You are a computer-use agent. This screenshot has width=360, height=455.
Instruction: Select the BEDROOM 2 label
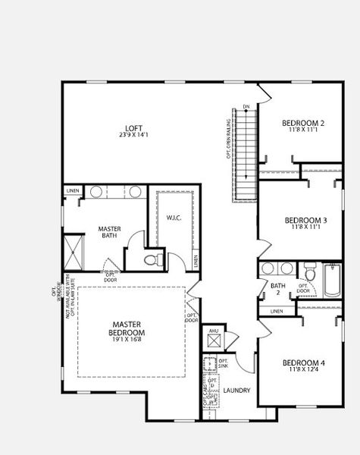click(303, 123)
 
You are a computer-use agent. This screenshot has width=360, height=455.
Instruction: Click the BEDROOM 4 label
click(303, 362)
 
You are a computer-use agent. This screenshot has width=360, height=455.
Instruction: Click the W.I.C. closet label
click(174, 218)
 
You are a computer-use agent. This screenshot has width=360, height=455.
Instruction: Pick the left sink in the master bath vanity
click(96, 192)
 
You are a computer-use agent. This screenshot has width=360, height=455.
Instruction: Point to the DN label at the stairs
click(246, 106)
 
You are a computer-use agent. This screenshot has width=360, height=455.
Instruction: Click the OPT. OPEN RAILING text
click(228, 140)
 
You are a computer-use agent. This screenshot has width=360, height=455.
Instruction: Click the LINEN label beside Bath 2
click(277, 311)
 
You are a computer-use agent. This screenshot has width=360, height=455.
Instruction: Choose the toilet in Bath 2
click(310, 274)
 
